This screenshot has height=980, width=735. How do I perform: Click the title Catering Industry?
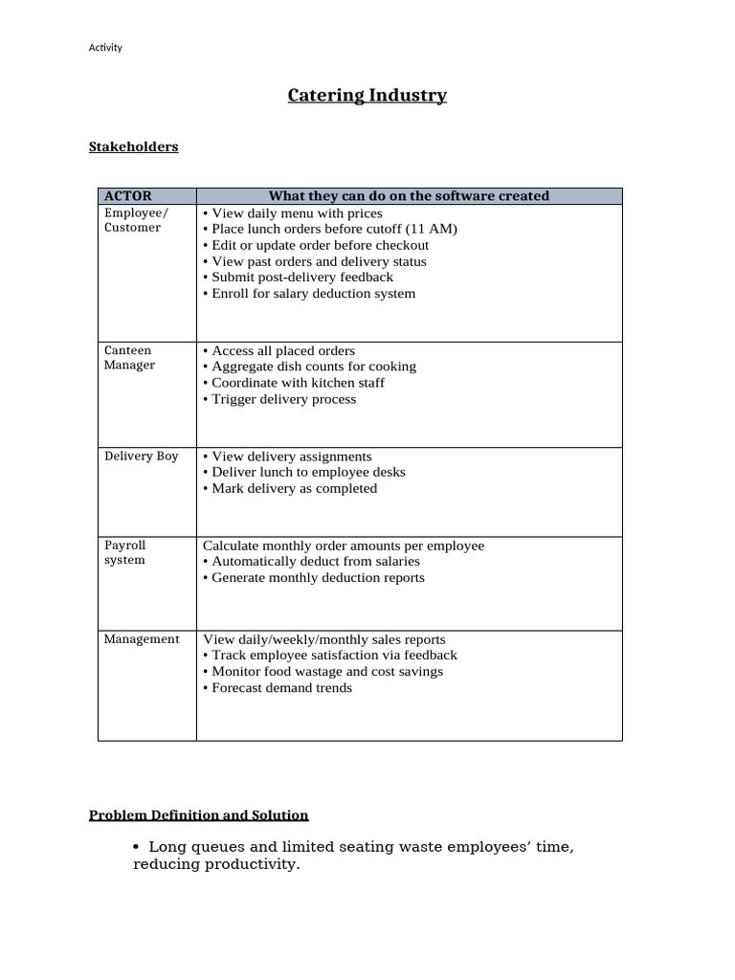point(367,96)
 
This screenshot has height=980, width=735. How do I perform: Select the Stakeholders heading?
point(133,146)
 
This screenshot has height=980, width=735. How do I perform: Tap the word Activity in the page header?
point(105,48)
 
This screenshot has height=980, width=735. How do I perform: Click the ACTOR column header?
point(127,196)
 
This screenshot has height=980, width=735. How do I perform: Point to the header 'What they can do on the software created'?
point(409,196)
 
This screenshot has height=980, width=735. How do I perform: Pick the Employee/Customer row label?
point(135,220)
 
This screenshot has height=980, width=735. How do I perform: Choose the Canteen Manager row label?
point(129,358)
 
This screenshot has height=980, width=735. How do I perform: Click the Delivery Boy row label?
point(141,457)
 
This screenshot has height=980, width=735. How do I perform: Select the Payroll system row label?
point(125,552)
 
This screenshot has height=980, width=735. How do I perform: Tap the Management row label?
point(142,639)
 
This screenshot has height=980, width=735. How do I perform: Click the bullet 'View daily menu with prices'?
point(296,213)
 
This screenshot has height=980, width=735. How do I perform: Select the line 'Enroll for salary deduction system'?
point(313,294)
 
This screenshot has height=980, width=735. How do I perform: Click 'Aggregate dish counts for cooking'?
point(313,367)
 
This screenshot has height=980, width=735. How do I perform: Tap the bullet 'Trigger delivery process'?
point(283,399)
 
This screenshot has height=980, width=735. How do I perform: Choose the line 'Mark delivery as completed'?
point(294,488)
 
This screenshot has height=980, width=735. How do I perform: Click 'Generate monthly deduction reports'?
point(317,578)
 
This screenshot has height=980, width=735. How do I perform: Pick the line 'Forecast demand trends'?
point(281,688)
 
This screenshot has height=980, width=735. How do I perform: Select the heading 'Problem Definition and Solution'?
point(199,815)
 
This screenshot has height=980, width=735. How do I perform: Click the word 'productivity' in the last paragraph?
point(256,865)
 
